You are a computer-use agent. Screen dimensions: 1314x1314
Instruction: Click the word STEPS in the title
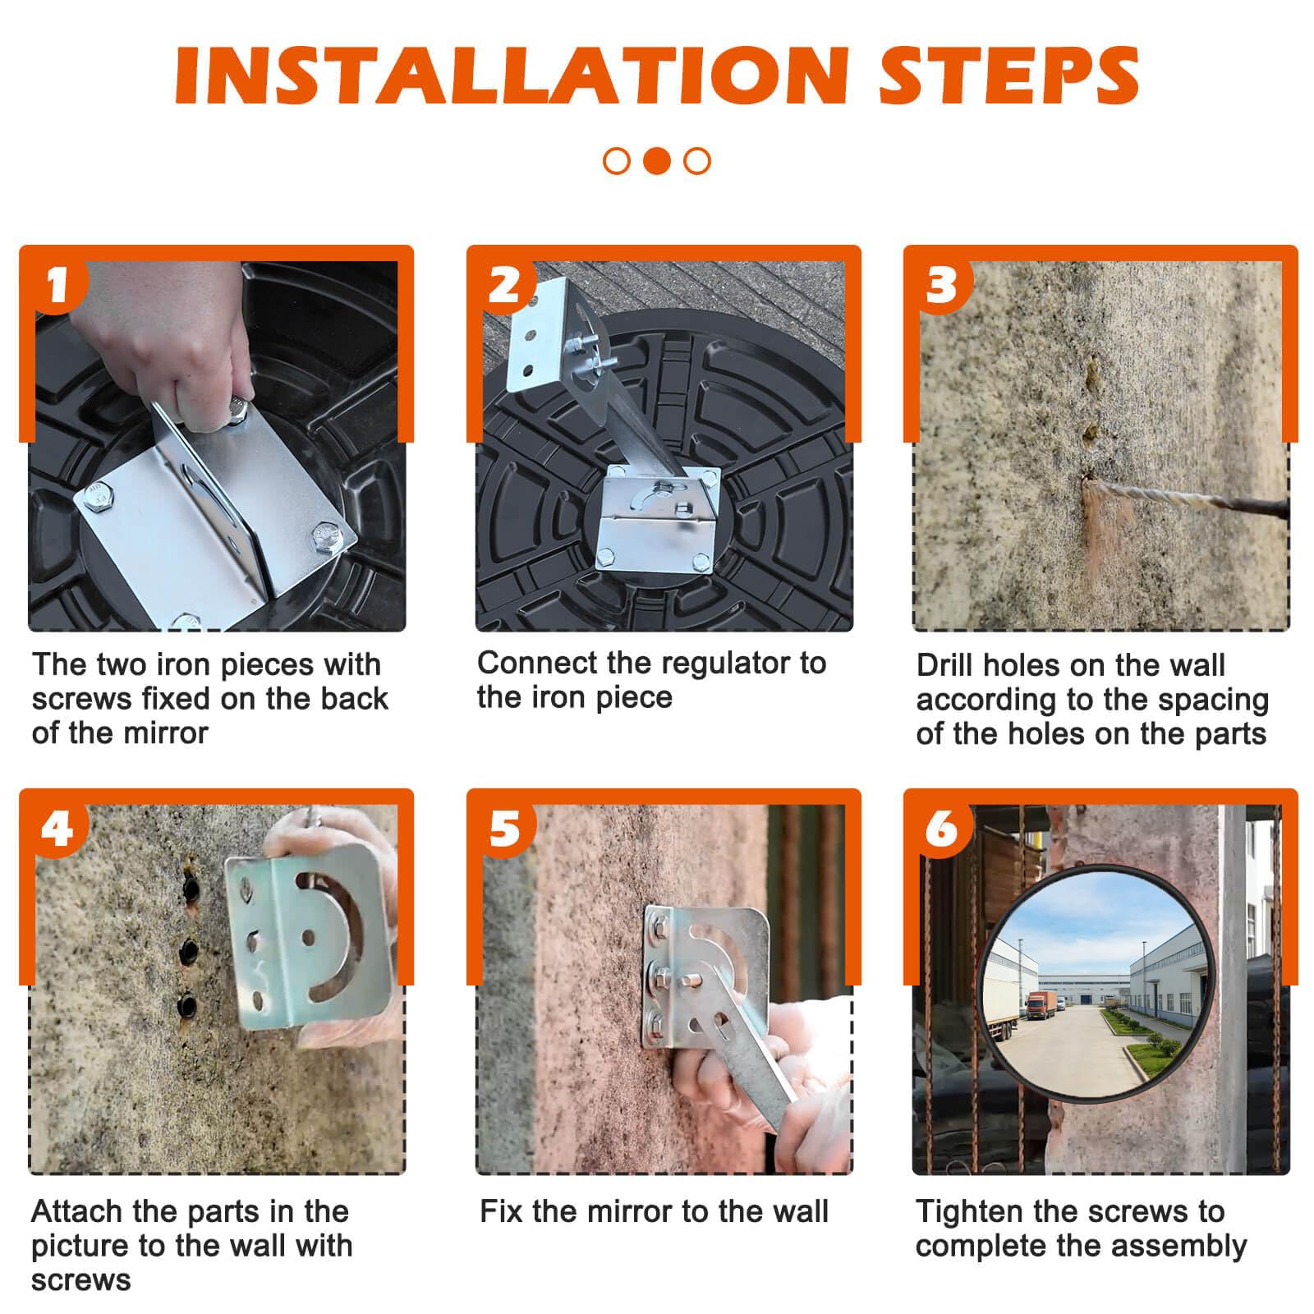click(1009, 75)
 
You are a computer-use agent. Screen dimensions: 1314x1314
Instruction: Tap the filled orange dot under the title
click(656, 160)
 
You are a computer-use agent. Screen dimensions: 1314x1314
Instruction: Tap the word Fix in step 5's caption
click(501, 1211)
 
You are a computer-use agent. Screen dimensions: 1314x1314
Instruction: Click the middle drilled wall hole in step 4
click(189, 950)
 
